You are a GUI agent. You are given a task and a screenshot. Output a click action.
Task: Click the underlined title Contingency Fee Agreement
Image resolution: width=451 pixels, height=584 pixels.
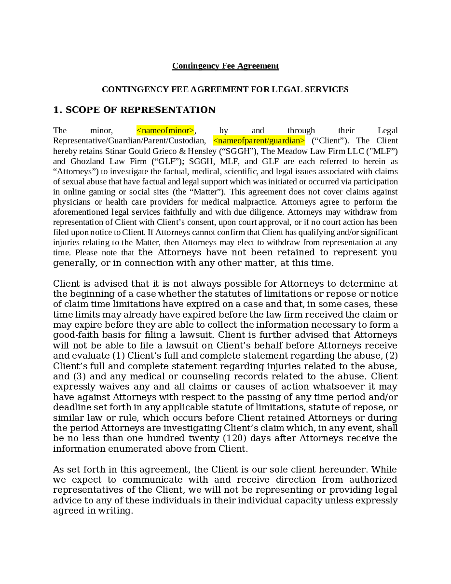point(225,66)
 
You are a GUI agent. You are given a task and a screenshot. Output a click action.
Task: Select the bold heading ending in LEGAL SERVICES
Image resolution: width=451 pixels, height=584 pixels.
point(225,89)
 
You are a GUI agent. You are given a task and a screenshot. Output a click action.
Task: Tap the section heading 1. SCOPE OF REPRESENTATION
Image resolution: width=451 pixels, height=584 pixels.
point(134,110)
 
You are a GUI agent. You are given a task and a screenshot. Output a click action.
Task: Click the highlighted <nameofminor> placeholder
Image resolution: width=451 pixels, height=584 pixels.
point(165,130)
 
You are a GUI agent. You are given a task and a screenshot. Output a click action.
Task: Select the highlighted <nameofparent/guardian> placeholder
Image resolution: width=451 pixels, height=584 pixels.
point(259,140)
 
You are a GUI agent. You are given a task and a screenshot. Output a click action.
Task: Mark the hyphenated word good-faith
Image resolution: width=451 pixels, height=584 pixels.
point(74,335)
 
